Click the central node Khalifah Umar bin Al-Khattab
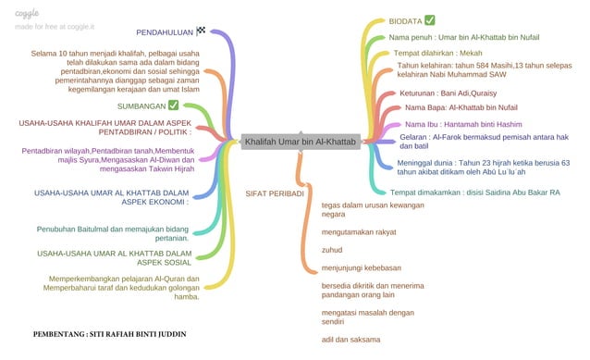(x=299, y=142)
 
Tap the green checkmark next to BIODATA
(x=429, y=20)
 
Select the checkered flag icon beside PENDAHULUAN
(x=202, y=31)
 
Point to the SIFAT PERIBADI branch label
(x=275, y=193)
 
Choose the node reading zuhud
(x=331, y=250)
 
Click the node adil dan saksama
(x=350, y=340)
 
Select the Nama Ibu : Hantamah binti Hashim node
(x=463, y=123)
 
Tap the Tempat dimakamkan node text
(x=475, y=192)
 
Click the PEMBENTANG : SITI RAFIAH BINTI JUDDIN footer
(x=110, y=333)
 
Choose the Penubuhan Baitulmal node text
(x=113, y=233)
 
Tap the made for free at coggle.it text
(x=54, y=27)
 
